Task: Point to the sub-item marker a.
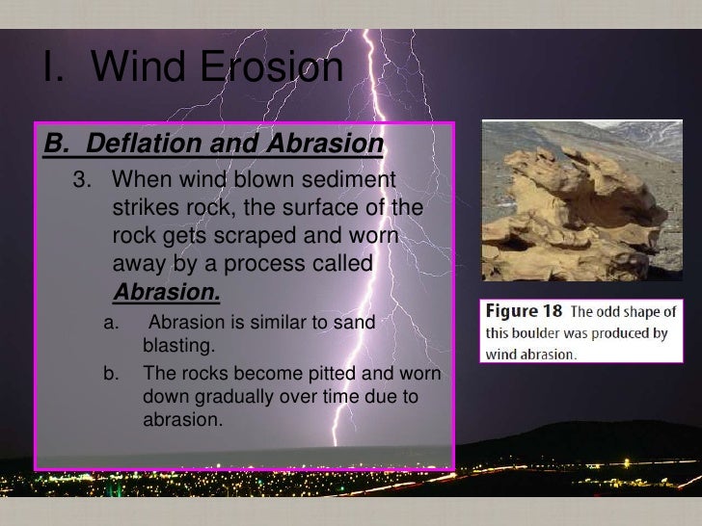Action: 110,323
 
